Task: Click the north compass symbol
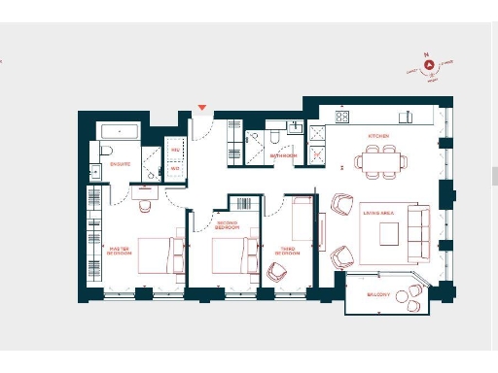point(425,65)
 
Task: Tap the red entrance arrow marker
point(202,108)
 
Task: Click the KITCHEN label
point(378,136)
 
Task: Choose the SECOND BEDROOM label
point(227,224)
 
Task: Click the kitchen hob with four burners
point(342,117)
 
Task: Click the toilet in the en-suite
point(106,150)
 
